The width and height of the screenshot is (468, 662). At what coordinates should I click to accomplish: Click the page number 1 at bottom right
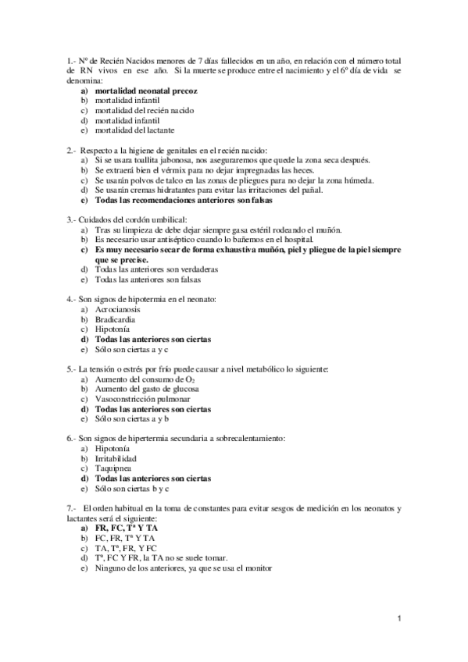pos(399,619)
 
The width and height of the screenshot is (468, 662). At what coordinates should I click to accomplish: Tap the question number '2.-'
pos(72,150)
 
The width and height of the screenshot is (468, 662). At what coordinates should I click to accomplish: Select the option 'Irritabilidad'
pos(116,458)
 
